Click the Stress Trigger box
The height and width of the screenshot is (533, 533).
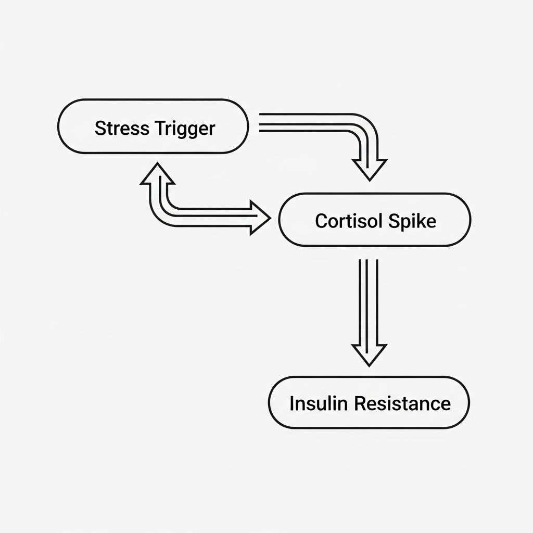[153, 126]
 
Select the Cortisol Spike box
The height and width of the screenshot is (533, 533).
[375, 220]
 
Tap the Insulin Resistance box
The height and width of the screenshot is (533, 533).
[369, 403]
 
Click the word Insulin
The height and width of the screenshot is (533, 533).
[310, 403]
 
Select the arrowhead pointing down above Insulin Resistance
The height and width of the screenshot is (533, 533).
[369, 354]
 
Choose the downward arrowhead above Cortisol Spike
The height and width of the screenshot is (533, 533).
[369, 168]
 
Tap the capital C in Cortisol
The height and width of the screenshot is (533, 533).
[321, 221]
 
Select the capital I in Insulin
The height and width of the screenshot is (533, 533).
[291, 403]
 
